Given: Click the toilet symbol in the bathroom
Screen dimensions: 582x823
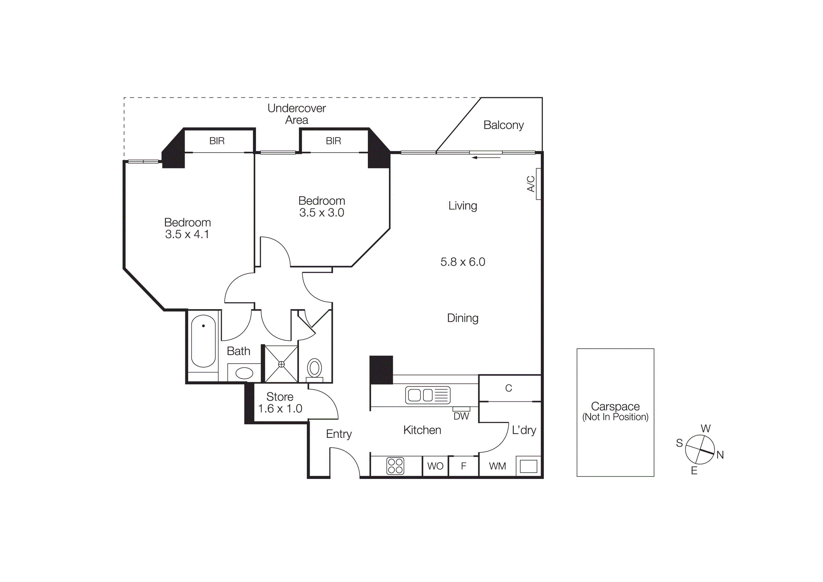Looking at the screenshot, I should click(x=314, y=368).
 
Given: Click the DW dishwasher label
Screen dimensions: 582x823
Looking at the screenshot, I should click(x=461, y=416).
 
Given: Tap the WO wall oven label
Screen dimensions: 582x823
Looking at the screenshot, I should click(x=435, y=466).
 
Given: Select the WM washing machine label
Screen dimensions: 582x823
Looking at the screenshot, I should click(x=498, y=466).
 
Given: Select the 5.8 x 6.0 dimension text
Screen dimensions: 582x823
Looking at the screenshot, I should click(x=462, y=262).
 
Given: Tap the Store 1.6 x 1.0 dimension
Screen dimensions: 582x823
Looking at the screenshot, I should click(x=280, y=409).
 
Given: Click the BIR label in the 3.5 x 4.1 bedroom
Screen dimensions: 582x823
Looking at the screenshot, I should click(x=217, y=141).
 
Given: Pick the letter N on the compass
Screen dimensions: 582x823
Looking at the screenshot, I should click(x=720, y=455).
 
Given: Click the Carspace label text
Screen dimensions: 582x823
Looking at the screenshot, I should click(x=615, y=406).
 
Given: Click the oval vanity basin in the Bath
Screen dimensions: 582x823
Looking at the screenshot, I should click(x=244, y=373).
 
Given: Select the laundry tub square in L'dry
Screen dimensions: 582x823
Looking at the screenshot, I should click(x=528, y=466).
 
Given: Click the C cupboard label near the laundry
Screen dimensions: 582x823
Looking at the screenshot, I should click(x=508, y=388).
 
